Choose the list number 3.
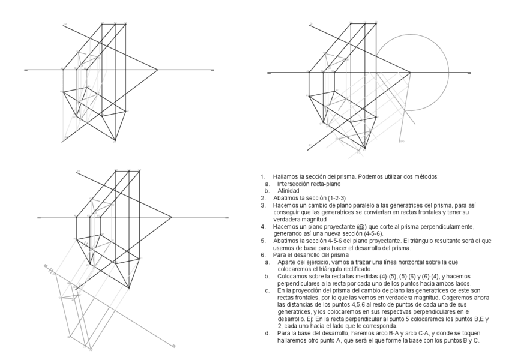tap(262, 205)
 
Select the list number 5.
tap(262, 241)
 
